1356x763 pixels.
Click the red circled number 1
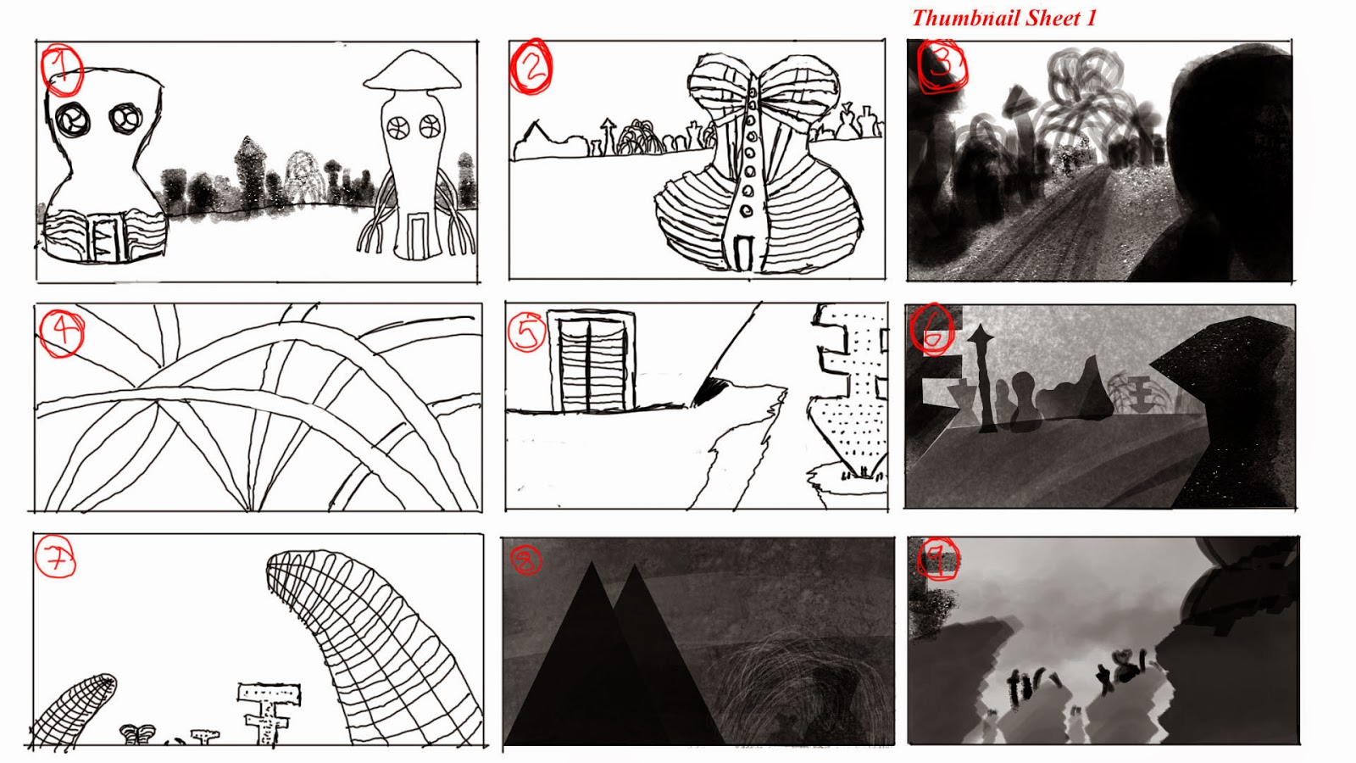click(62, 70)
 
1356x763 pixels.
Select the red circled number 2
click(531, 67)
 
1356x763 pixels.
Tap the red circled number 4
click(61, 334)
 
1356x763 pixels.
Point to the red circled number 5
click(526, 331)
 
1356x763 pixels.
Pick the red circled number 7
click(56, 558)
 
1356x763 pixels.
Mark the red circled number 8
click(525, 560)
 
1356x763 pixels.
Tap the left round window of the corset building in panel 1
click(72, 120)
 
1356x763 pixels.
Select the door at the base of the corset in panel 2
click(743, 253)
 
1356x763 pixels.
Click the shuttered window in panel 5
click(592, 362)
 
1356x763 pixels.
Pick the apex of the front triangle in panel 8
click(592, 562)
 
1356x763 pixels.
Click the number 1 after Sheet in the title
click(1090, 18)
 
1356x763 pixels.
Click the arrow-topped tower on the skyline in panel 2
click(608, 136)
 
